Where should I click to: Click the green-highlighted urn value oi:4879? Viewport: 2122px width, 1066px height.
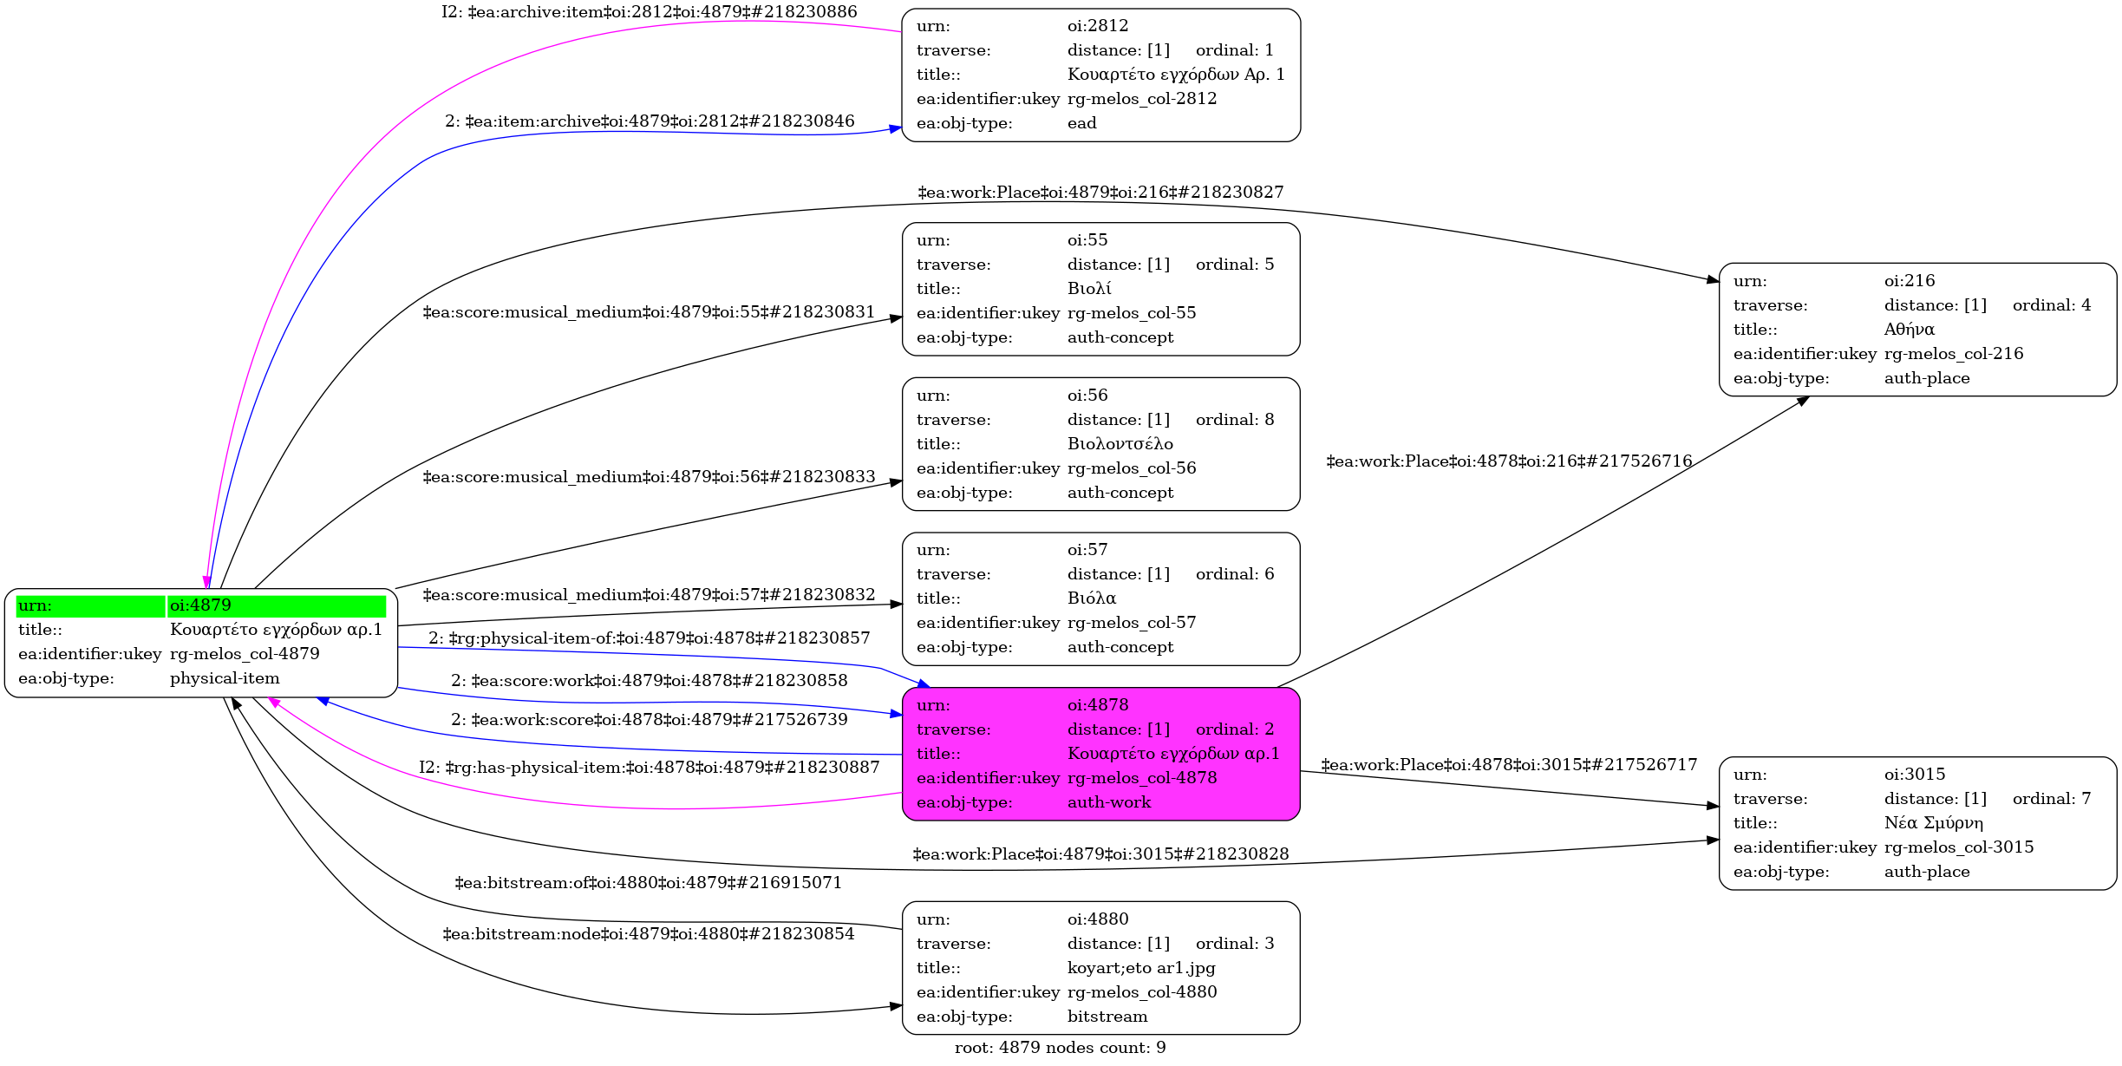pos(200,605)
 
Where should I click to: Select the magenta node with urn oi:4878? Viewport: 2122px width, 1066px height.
pos(1100,754)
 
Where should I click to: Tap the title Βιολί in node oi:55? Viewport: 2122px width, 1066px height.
pos(1089,289)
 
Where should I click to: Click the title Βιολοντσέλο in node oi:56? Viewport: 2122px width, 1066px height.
pos(1120,444)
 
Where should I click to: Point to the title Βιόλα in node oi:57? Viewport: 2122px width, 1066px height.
pos(1092,598)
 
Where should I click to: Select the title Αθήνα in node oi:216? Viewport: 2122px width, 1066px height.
pos(1910,330)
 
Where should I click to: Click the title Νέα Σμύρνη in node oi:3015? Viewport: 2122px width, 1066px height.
pos(1934,823)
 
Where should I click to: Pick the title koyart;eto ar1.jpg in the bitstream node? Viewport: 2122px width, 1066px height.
pos(1141,968)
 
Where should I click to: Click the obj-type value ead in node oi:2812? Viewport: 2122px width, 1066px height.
pos(1082,123)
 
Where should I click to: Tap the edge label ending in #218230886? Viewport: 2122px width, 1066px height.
pos(650,12)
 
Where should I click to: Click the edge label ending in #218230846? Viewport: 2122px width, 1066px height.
pos(650,121)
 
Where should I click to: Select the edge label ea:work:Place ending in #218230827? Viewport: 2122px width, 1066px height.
pos(1100,193)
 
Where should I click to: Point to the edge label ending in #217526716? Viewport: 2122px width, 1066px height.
pos(1509,461)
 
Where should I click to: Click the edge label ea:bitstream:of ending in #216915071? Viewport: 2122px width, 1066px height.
pos(648,883)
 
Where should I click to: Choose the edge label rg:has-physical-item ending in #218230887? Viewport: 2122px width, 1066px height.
pos(650,768)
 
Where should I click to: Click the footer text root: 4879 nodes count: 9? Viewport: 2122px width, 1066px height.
pos(1060,1048)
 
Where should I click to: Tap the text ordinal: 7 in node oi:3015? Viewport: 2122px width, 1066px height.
pos(2052,799)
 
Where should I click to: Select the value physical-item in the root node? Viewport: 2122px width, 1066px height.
pos(225,678)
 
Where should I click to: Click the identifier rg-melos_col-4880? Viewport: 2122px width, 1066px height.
pos(1142,992)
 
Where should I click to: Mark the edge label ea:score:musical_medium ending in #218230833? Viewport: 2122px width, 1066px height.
pos(649,477)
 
